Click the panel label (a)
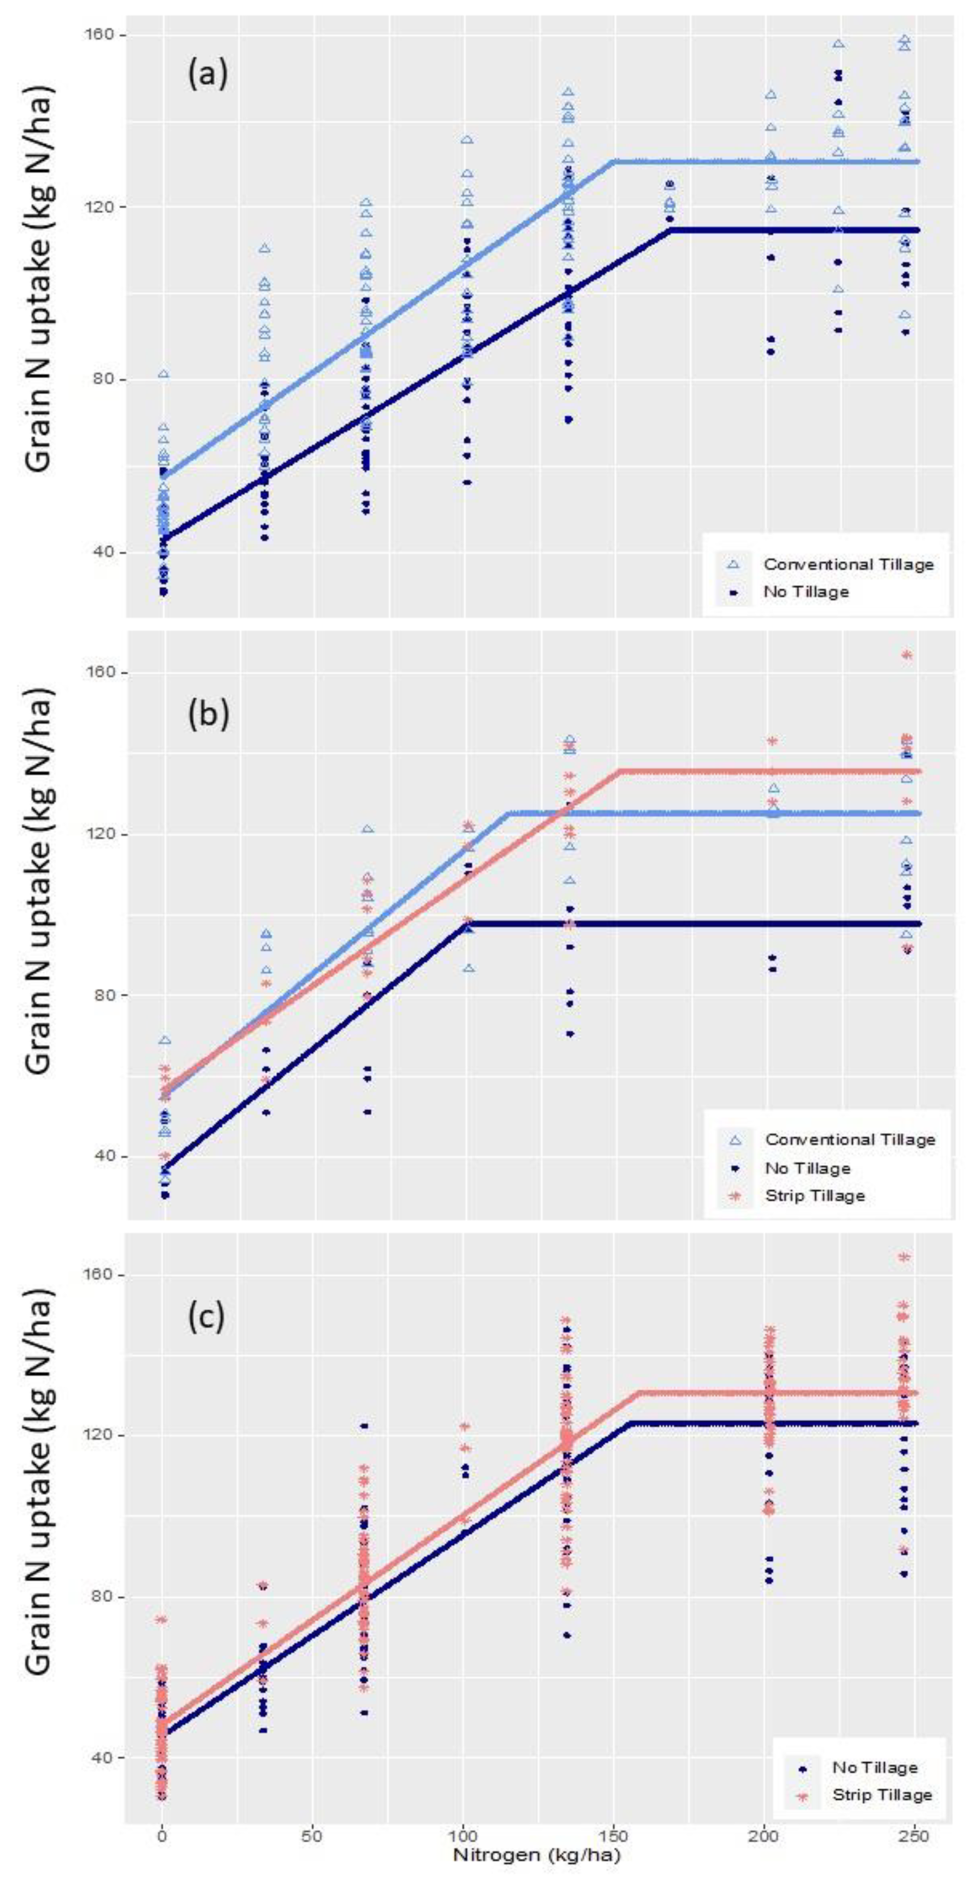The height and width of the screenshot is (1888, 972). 207,75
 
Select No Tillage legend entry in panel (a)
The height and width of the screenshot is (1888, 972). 806,591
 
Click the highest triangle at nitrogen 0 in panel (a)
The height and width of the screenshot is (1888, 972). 164,374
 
